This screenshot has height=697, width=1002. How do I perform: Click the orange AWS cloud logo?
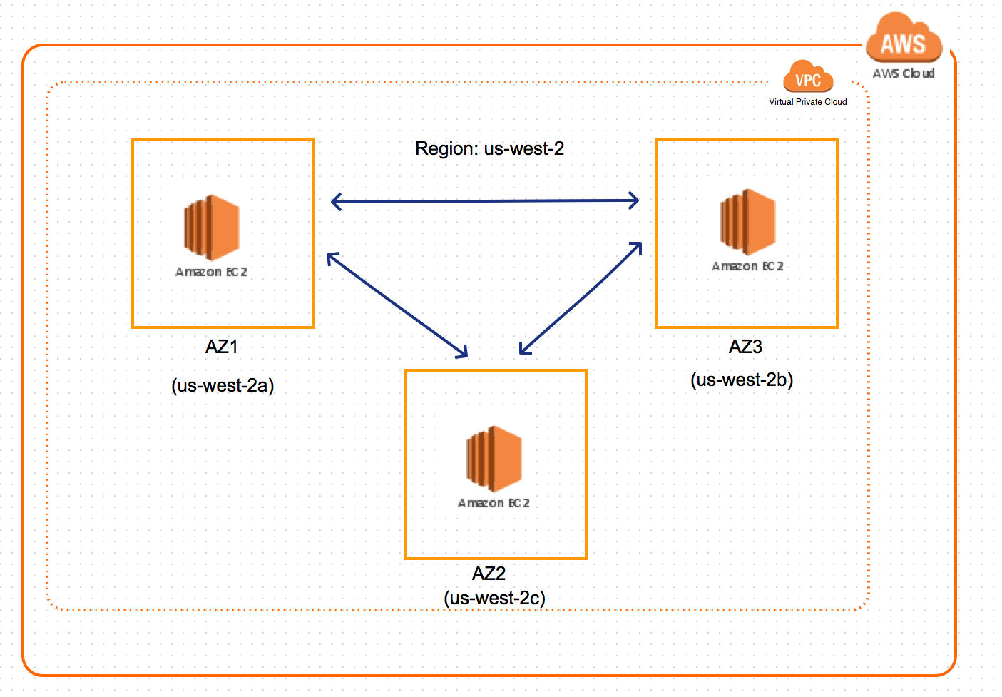[904, 38]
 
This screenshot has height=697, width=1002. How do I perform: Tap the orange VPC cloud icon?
[808, 76]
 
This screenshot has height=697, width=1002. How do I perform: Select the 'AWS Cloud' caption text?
[904, 73]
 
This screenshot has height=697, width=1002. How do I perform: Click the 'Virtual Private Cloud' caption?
[808, 102]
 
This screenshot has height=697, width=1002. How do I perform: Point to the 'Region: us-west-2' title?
[489, 148]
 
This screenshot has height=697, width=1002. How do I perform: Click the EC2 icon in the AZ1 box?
[212, 228]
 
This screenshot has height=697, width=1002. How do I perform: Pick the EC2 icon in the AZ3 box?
[747, 222]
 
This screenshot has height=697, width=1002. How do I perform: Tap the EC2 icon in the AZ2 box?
[494, 459]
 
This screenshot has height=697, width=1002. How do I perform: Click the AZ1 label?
[221, 347]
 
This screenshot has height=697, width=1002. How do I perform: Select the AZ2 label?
[489, 574]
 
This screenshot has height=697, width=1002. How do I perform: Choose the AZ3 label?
[746, 347]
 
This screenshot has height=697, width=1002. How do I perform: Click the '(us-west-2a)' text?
[223, 386]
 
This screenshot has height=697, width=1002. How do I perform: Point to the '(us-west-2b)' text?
[742, 380]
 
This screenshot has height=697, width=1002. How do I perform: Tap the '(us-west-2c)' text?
[495, 598]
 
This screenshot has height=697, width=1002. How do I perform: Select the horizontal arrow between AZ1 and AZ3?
[485, 201]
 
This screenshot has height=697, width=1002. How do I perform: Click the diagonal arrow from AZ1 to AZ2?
[397, 305]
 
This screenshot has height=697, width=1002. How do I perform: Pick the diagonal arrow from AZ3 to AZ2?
[581, 298]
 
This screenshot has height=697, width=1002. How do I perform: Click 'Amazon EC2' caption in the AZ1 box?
[211, 272]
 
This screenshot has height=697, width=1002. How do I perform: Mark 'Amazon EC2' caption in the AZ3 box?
[747, 266]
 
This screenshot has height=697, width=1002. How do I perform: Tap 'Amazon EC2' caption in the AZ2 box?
[494, 503]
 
